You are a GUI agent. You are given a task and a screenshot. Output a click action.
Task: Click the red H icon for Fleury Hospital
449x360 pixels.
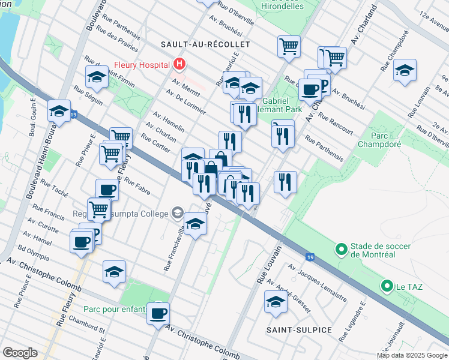coord(178,63)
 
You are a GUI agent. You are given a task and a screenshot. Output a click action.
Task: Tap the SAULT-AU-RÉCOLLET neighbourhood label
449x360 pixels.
coord(205,44)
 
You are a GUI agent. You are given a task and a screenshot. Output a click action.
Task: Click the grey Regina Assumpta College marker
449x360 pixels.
coord(178,213)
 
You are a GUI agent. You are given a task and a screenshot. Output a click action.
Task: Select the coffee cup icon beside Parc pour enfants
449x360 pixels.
coord(158,313)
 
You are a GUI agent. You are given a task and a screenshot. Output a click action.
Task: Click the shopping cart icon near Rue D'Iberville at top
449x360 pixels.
coord(289,46)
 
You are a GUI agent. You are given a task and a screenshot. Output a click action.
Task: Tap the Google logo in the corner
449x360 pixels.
coord(20,353)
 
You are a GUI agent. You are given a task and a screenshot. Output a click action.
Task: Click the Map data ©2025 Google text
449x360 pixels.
coord(412,355)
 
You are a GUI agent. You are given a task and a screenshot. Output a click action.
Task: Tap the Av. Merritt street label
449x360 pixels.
coord(185,86)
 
